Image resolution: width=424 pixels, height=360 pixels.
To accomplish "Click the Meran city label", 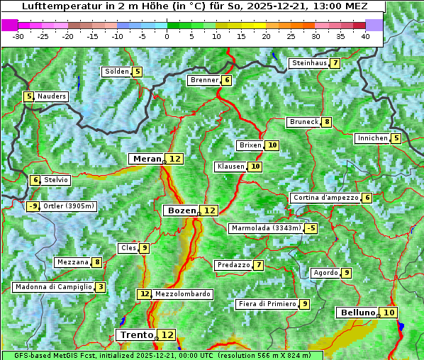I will [146, 159].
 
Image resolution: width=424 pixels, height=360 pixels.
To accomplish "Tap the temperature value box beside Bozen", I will [209, 210].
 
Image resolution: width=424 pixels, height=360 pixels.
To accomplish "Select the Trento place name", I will [136, 334].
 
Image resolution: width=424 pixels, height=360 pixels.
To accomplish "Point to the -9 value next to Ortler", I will [33, 206].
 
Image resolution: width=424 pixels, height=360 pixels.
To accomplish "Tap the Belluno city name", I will [357, 313].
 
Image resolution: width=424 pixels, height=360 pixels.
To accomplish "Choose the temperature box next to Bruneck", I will [326, 122].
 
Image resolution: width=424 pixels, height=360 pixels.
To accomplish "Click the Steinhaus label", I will [308, 63].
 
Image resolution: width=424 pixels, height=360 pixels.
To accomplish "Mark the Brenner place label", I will [204, 80].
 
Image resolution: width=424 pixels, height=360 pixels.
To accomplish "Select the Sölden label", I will [117, 72].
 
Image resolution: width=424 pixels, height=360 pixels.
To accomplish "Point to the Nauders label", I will [52, 96].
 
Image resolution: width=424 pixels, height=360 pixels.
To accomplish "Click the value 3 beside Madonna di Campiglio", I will [101, 287].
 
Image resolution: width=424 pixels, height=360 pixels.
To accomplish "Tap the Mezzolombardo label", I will [182, 294].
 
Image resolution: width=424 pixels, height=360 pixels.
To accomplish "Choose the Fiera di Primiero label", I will [267, 304].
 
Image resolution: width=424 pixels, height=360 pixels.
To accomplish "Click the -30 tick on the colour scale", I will [18, 36].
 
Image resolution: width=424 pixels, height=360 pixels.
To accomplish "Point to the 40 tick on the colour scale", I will [365, 36].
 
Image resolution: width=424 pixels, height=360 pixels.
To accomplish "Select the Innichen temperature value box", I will [396, 138].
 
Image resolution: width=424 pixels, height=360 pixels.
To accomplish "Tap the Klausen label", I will [230, 167].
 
